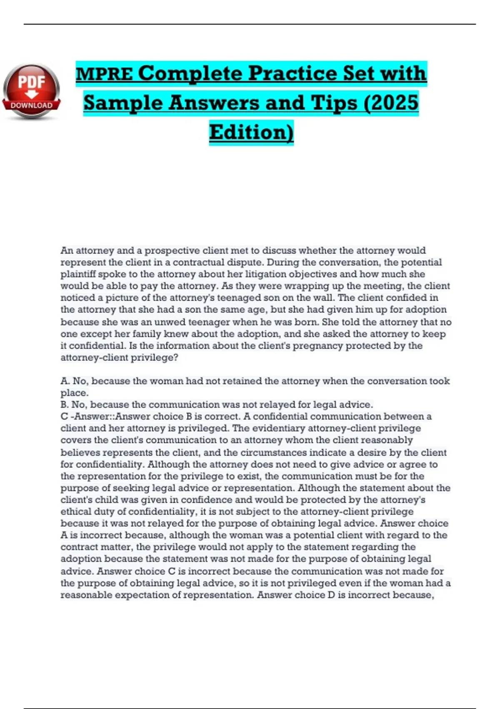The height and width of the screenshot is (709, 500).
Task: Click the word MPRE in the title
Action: click(x=104, y=74)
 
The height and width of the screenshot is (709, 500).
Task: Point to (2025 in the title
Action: click(x=391, y=103)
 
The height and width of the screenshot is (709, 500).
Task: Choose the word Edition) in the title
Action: click(x=251, y=132)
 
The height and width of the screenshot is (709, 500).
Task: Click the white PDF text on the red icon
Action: click(x=31, y=83)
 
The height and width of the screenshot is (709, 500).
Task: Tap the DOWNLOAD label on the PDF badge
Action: click(x=32, y=106)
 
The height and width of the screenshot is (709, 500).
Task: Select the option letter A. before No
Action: click(x=65, y=381)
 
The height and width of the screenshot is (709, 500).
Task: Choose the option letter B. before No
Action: click(x=65, y=405)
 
